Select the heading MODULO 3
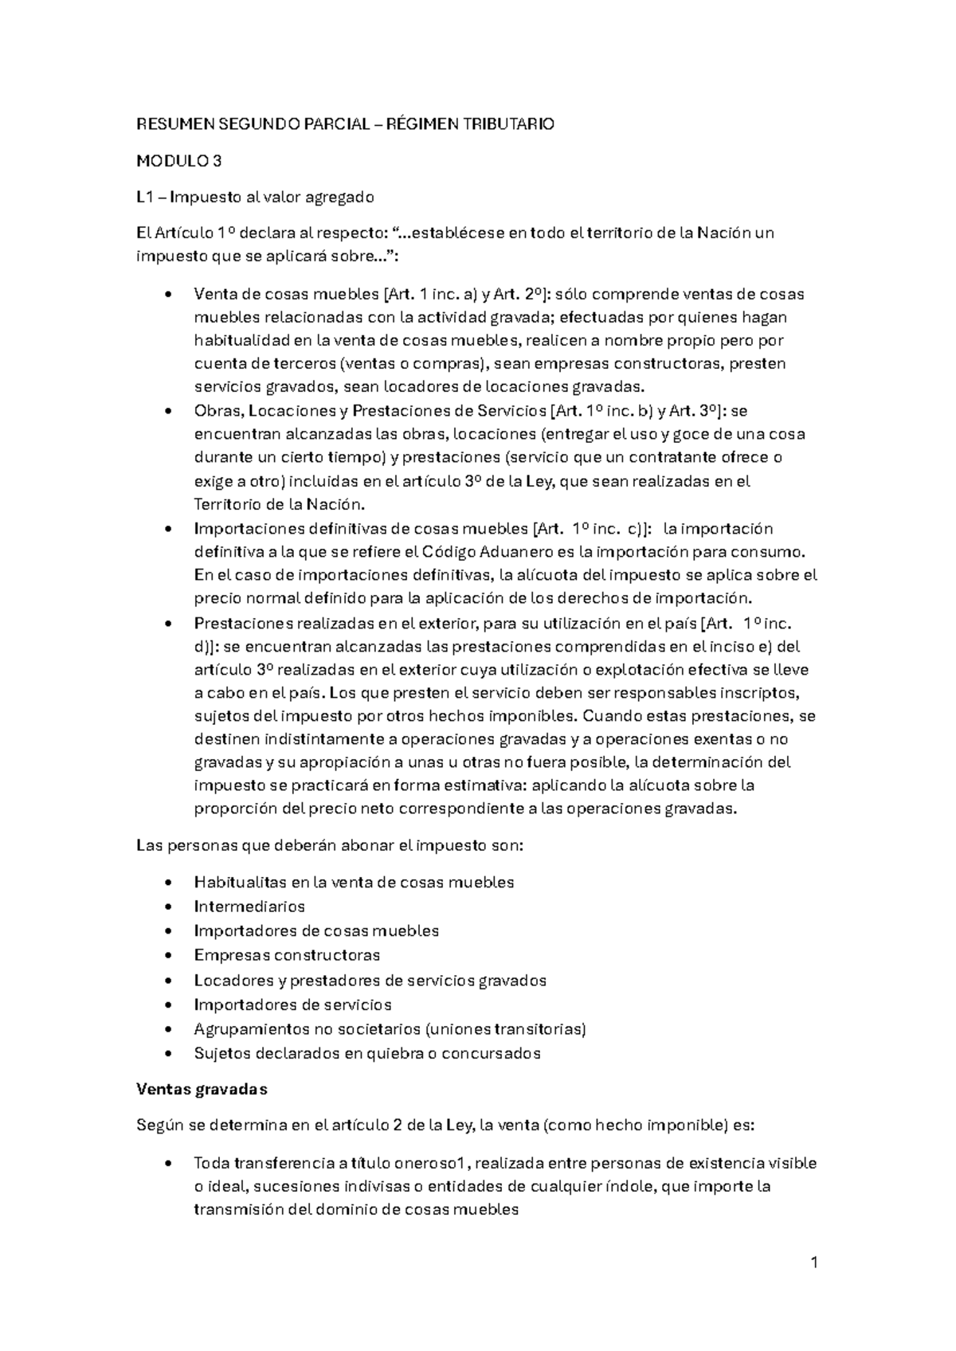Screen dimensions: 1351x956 [x=178, y=161]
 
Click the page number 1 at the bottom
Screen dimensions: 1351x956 [x=814, y=1262]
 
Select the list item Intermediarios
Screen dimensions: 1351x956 [x=249, y=907]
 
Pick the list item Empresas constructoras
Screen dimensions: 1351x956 [x=287, y=955]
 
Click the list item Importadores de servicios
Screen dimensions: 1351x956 [x=292, y=1004]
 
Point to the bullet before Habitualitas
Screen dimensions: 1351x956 [x=166, y=883]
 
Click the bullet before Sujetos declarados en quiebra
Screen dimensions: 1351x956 [x=166, y=1054]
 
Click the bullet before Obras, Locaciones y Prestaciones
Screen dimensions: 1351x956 [x=166, y=412]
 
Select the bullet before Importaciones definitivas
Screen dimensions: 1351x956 [x=166, y=530]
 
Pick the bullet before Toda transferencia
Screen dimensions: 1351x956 [x=166, y=1164]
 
